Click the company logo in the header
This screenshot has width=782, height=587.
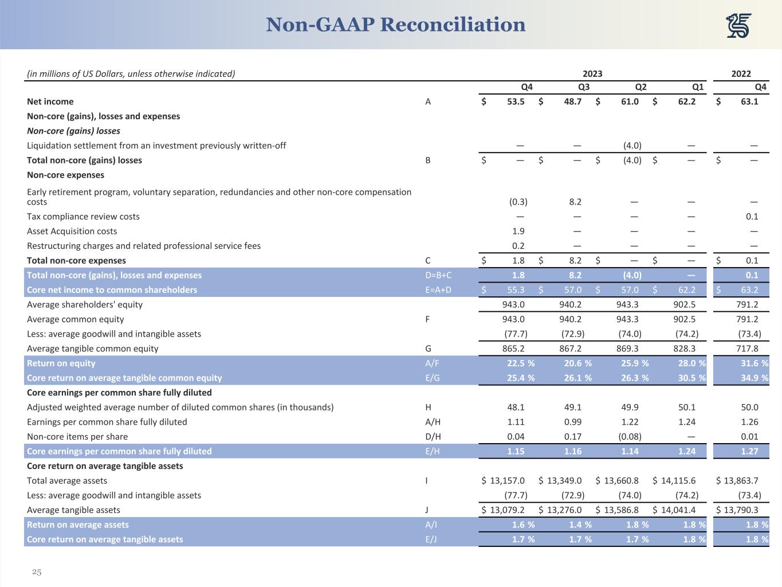[x=738, y=26]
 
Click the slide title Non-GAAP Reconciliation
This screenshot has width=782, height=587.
[x=395, y=25]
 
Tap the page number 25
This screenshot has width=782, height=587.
[x=37, y=572]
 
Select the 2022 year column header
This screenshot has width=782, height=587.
[x=741, y=73]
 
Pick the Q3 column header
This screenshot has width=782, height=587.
[x=583, y=87]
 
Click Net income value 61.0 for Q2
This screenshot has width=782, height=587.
[x=630, y=101]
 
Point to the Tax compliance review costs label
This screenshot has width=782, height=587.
[x=83, y=217]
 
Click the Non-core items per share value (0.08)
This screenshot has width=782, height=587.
[x=632, y=436]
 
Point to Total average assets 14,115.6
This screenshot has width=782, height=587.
[x=678, y=480]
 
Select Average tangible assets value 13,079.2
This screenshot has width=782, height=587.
[x=507, y=510]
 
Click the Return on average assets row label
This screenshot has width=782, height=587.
[x=78, y=525]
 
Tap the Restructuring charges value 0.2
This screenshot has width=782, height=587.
[x=518, y=246]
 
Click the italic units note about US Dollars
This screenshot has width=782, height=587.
[x=131, y=73]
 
